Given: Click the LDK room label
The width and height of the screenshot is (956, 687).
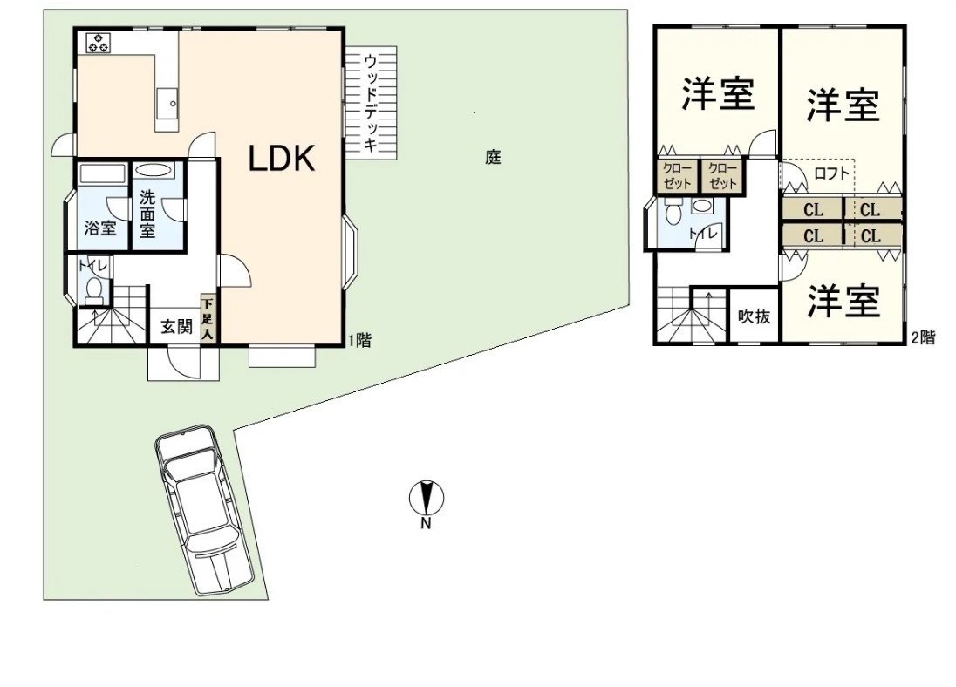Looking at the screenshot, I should point(281,159).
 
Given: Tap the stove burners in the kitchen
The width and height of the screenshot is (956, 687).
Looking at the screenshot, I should point(98,43).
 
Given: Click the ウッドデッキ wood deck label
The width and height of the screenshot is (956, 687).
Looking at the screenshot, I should point(371,103).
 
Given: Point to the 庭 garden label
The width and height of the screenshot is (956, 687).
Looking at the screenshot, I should point(494,158).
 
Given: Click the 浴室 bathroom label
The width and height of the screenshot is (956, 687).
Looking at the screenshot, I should point(99,229).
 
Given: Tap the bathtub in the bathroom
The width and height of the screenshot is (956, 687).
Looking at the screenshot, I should point(102,173).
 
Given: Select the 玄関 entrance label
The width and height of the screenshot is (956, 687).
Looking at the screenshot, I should point(175,327).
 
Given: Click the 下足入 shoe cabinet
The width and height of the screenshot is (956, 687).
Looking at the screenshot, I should point(208,318).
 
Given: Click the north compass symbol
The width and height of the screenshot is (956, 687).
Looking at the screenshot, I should point(427,500).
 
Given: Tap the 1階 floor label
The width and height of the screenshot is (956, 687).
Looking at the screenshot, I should point(360,341).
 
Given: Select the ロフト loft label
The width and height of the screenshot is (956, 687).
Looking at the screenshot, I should point(831,173).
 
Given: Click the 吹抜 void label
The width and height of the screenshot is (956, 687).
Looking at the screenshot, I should point(754,316).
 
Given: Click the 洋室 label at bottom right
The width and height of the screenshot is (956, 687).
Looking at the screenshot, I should point(843,301).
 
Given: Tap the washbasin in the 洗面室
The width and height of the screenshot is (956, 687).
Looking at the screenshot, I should point(154,171).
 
